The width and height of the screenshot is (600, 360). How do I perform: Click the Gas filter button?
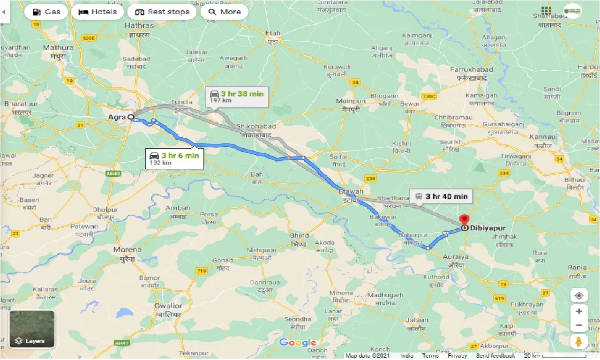click(45, 12)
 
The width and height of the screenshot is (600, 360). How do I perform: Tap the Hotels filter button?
click(97, 12)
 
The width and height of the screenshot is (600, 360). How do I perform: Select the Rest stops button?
click(162, 12)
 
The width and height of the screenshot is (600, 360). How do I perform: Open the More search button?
click(224, 12)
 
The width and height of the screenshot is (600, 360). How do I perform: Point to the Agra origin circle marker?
click(131, 117)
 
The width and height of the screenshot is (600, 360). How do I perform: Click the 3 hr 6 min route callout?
click(174, 158)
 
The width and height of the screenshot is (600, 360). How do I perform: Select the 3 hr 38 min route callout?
click(237, 97)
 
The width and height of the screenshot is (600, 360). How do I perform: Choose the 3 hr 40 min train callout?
click(441, 196)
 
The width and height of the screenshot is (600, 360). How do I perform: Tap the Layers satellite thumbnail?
click(32, 329)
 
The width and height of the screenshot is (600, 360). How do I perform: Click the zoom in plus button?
click(579, 311)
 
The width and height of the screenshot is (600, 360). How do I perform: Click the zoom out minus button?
click(579, 325)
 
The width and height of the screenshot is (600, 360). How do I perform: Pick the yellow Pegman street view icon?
click(579, 341)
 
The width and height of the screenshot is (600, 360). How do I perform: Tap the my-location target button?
click(579, 295)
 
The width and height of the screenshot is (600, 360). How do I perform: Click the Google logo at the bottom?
click(298, 343)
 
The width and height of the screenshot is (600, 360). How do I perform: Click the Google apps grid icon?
click(546, 11)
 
